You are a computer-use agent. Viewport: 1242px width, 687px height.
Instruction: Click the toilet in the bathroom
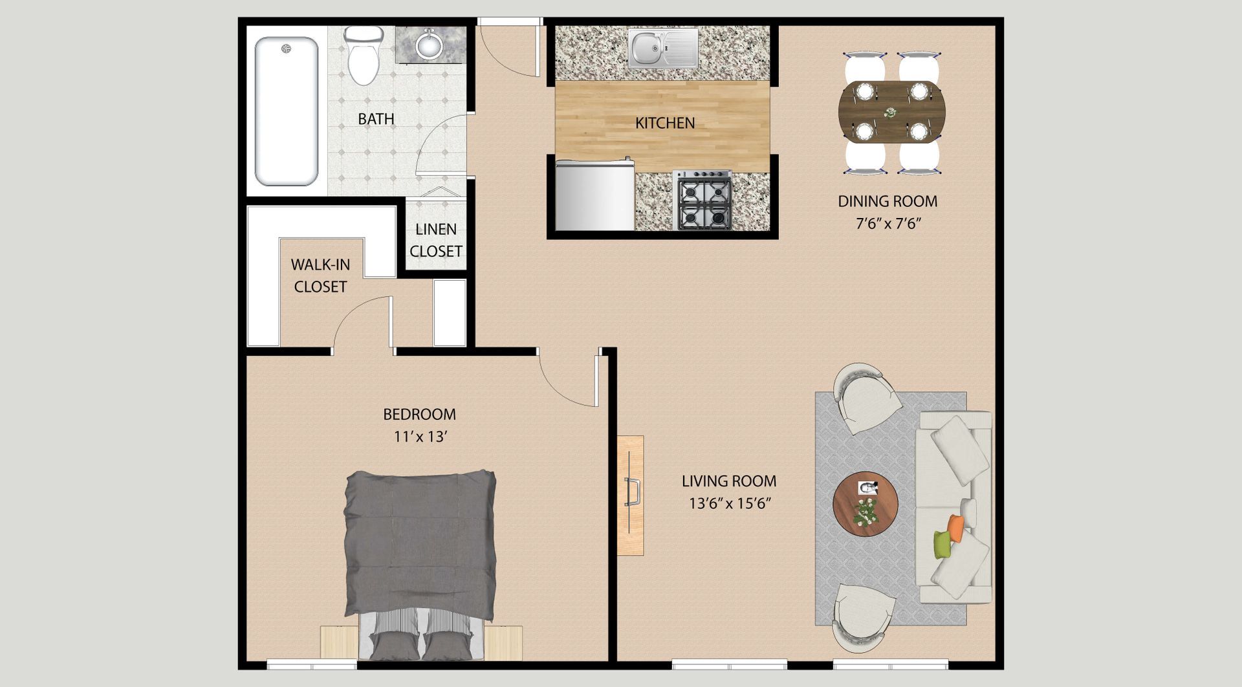(363, 57)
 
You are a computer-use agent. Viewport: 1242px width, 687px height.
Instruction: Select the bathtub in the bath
(287, 111)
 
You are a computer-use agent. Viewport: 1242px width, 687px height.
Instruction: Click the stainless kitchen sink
(662, 48)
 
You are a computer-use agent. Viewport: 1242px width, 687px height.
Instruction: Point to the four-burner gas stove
(704, 201)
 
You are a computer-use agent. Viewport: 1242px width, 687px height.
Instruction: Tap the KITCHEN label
(664, 123)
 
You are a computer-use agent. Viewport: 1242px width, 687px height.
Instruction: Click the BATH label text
(376, 119)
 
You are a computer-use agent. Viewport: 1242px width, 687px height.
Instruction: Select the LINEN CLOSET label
(435, 240)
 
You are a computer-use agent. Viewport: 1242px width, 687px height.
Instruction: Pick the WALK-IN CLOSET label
(320, 276)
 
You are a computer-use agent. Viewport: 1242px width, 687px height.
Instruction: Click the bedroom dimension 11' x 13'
(420, 437)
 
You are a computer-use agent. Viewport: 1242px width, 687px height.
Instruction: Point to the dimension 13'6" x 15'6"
(730, 503)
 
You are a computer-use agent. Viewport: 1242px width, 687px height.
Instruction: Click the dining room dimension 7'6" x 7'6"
(888, 224)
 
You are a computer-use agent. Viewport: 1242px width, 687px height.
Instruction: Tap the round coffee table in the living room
(865, 505)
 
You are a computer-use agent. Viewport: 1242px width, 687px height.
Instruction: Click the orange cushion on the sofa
(956, 528)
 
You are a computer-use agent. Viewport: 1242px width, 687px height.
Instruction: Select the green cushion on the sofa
(942, 545)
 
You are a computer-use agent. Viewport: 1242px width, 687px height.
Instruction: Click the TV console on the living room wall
(631, 496)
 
